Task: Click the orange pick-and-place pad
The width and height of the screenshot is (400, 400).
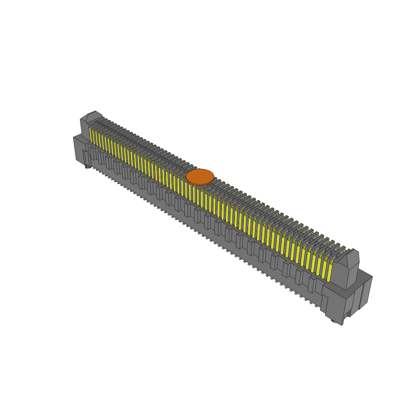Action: [x=200, y=177]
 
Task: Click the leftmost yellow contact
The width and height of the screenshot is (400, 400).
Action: [x=91, y=134]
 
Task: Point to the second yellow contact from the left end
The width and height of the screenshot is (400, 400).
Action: [x=94, y=136]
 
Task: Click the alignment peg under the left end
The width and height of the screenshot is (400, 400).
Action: [x=88, y=167]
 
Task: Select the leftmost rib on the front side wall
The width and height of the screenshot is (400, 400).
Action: [x=94, y=153]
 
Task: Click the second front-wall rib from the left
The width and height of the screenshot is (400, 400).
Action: [x=101, y=158]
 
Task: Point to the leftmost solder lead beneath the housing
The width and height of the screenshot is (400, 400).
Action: [x=94, y=168]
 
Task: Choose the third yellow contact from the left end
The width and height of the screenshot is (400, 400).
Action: [x=97, y=137]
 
